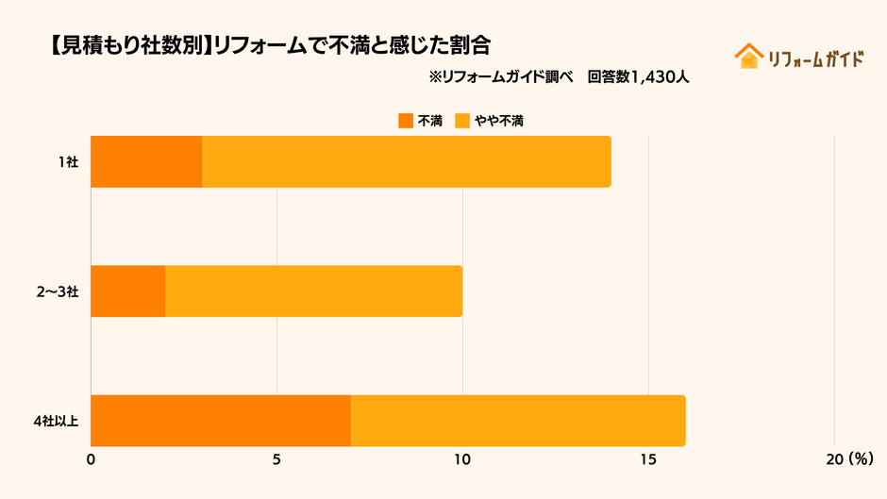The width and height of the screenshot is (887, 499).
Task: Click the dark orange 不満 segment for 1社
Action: coord(146,161)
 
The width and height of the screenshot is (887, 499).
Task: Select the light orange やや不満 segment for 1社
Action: coord(407,161)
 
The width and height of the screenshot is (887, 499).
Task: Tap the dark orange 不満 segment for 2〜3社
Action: coord(128,291)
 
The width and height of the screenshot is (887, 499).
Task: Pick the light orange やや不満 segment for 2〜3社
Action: coord(313,291)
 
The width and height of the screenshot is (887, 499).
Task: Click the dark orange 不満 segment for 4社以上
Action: coord(221,421)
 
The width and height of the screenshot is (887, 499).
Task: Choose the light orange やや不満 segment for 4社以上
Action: coord(518,421)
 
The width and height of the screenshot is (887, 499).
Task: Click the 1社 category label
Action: coord(67,162)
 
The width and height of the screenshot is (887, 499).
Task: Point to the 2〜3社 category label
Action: coord(58,291)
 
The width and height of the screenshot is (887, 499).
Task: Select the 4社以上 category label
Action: coord(56,421)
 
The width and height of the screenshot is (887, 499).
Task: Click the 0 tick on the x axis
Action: coord(91,459)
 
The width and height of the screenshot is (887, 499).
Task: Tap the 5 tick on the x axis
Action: coord(276,459)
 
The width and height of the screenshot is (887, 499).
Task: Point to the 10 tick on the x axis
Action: coord(462,459)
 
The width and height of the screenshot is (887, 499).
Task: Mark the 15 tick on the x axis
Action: coord(648,459)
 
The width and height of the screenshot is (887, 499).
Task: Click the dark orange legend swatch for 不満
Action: coord(406,121)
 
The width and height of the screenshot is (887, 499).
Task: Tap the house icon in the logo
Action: coord(748,57)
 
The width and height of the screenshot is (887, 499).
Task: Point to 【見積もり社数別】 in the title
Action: coord(127,44)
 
